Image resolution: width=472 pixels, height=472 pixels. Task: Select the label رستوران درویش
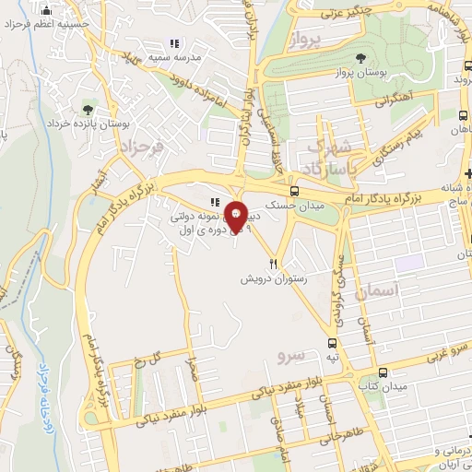coord(272,277)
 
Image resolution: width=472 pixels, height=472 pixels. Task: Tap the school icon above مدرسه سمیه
coord(174,43)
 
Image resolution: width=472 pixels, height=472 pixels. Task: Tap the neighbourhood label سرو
coord(290,353)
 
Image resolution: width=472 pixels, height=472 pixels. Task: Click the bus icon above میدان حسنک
coord(294,183)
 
